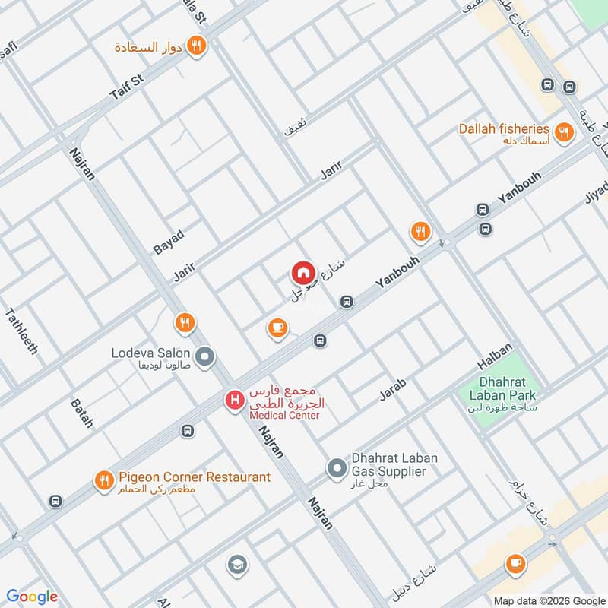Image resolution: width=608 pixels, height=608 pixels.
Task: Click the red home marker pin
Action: click(x=302, y=273)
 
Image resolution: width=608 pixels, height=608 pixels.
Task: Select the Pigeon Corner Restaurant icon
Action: click(x=103, y=480)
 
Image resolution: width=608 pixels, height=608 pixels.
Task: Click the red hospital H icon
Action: click(x=234, y=398)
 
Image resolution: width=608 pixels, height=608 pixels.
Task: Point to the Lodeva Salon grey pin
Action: click(x=204, y=356)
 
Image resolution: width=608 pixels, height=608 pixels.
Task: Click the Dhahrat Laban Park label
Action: click(x=507, y=389)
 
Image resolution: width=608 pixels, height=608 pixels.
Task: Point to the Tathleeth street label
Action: click(x=22, y=331)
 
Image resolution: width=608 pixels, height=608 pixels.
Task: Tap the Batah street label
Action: click(x=81, y=413)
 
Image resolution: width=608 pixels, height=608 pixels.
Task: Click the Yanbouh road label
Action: click(x=396, y=271)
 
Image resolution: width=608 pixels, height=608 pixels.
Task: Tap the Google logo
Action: click(x=32, y=597)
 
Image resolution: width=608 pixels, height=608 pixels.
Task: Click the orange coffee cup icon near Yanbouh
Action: click(x=277, y=328)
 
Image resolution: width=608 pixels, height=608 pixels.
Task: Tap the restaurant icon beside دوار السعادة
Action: click(x=197, y=46)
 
